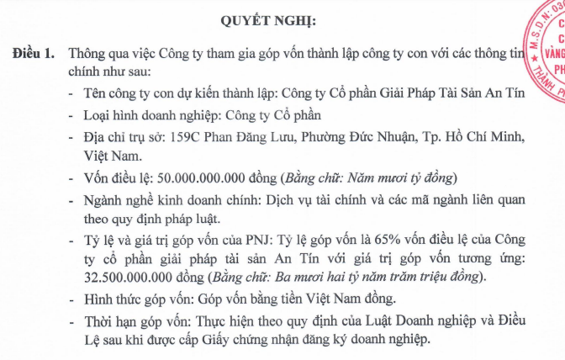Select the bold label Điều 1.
point(34,53)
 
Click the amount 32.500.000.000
point(132,277)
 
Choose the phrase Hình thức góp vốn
point(131,299)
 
